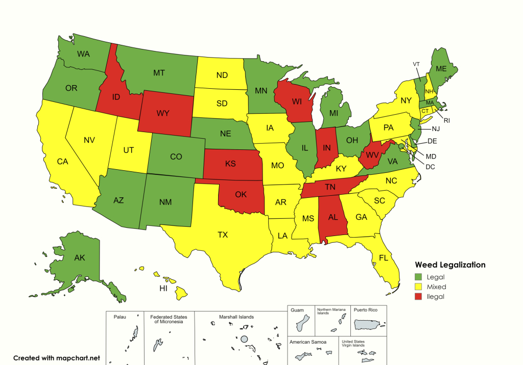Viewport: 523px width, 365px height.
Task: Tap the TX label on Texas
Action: coord(223,235)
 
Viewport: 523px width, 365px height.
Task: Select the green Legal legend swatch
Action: coord(418,277)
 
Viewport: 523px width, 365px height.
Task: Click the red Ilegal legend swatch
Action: coord(418,297)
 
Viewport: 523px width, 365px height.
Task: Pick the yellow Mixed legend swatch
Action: coord(418,287)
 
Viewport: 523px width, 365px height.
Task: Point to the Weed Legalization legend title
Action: coord(450,265)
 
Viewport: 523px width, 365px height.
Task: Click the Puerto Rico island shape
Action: coord(369,324)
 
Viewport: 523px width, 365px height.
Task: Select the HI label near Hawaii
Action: coord(163,289)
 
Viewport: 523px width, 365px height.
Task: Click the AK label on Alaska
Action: coord(80,257)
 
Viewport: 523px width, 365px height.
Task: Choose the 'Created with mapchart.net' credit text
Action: coord(57,358)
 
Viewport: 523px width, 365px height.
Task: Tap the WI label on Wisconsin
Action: coord(296,102)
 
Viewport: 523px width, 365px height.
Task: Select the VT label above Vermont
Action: coord(416,64)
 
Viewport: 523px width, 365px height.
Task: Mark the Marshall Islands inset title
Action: coord(236,317)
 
